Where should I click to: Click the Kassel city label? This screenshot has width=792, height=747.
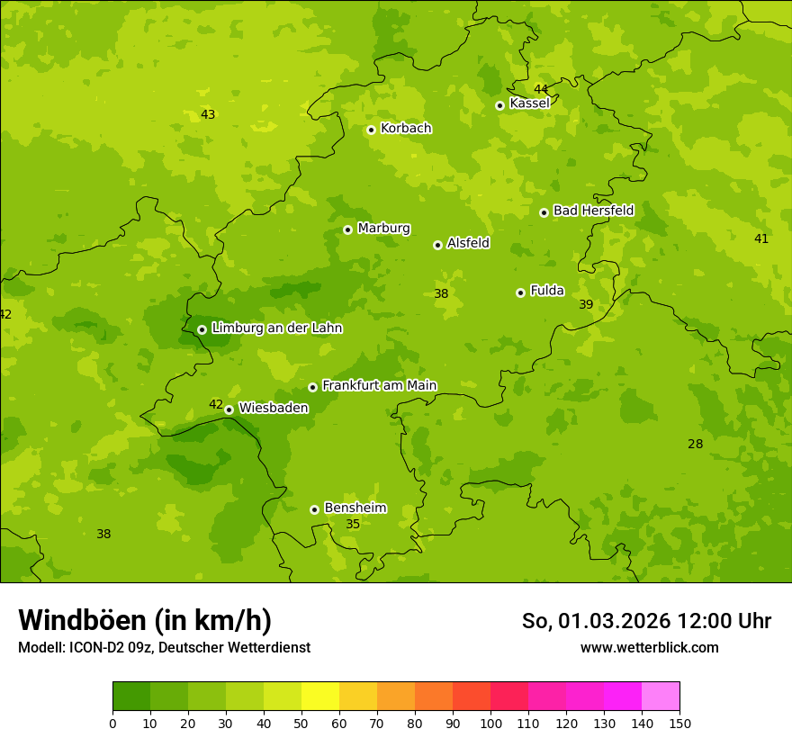529,103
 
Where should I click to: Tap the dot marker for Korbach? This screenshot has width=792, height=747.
371,130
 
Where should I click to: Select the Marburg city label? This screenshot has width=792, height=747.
383,229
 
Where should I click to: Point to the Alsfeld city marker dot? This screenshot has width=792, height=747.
437,245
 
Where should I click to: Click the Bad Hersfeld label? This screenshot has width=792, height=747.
593,211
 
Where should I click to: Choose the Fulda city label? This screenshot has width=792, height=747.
547,291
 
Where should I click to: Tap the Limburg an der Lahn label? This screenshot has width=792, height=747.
276,328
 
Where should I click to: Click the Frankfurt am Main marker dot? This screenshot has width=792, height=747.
312,387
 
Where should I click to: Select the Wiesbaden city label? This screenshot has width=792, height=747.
273,408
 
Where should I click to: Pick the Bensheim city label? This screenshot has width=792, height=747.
355,508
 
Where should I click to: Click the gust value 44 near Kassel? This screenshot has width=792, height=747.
541,89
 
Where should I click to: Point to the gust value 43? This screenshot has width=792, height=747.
208,114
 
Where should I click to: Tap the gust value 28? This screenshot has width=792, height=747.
696,444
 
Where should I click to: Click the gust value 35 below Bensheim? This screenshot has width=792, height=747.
353,524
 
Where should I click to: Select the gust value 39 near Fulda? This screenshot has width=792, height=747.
586,305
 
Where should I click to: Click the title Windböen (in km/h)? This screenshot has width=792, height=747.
145,620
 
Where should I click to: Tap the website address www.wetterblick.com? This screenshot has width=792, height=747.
649,648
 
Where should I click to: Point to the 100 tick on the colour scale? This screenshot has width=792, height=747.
490,723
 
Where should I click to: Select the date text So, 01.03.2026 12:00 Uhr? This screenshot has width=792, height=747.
646,621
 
